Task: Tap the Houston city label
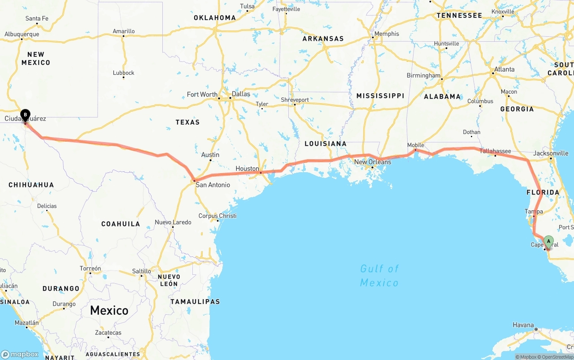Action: coord(247,169)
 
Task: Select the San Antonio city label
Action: coord(213,185)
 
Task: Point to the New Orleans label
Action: coord(373,162)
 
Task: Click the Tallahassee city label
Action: coord(495,151)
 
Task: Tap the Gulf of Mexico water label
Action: coord(379,275)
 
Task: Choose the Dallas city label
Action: coord(241,94)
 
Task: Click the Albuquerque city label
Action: coord(22,34)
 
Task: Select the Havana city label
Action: coord(523,325)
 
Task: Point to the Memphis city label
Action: coord(387,34)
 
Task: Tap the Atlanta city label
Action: coord(504,69)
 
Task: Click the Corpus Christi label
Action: coord(217,216)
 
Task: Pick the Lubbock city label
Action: coord(124,73)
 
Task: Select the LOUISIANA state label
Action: coord(325,143)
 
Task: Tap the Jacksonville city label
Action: coord(551,153)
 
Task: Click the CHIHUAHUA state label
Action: coord(31,185)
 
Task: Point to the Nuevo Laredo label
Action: coord(173,222)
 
